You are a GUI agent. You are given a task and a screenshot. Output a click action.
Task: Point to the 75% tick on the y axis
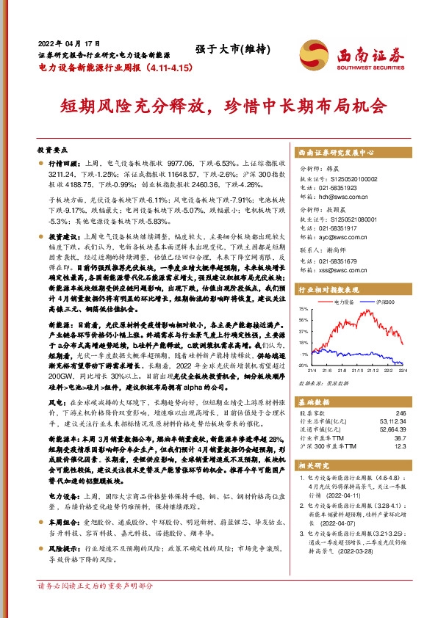click(x=304, y=310)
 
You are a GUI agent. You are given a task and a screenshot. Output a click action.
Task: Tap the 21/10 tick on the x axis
click(x=356, y=369)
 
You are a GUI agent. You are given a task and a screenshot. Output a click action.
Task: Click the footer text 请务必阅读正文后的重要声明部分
click(x=96, y=607)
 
